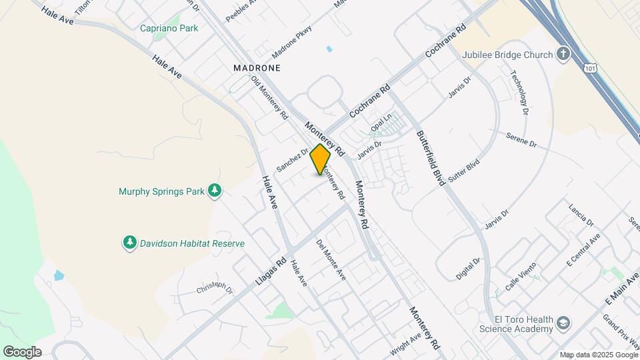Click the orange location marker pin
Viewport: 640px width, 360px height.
pyautogui.click(x=321, y=159)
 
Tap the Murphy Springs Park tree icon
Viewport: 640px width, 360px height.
pyautogui.click(x=215, y=192)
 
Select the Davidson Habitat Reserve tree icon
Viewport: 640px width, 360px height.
pyautogui.click(x=130, y=243)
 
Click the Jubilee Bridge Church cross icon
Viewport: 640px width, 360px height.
pyautogui.click(x=563, y=54)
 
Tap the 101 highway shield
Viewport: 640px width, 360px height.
pyautogui.click(x=589, y=67)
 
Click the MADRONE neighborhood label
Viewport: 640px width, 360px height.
pyautogui.click(x=257, y=68)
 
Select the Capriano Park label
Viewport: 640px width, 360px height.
pyautogui.click(x=169, y=28)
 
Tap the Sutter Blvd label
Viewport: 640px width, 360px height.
pyautogui.click(x=465, y=171)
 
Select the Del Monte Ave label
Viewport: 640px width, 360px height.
pyautogui.click(x=331, y=259)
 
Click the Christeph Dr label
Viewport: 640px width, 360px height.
pyautogui.click(x=215, y=289)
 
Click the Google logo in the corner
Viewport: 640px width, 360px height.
pyautogui.click(x=22, y=352)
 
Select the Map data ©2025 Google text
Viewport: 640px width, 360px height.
pyautogui.click(x=598, y=355)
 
